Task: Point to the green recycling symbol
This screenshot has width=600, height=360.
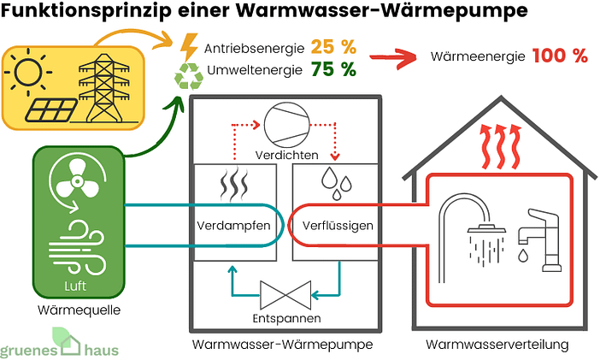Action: point(189,76)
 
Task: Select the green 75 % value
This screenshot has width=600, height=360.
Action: point(334,70)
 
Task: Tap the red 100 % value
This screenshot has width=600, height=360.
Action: point(560,56)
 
